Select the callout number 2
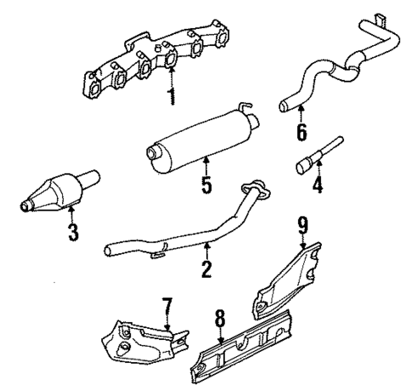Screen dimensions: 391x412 click(x=206, y=270)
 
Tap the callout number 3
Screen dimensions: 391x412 click(x=73, y=231)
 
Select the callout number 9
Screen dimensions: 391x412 click(x=302, y=225)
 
